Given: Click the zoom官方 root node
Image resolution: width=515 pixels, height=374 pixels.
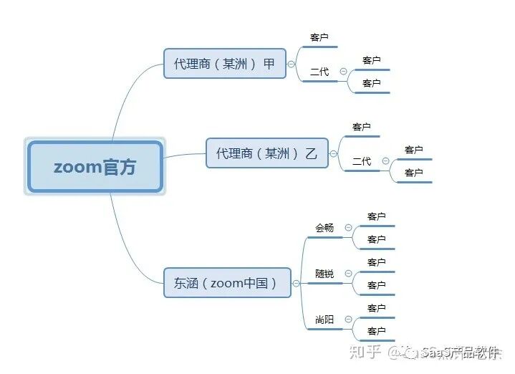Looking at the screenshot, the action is (x=95, y=166).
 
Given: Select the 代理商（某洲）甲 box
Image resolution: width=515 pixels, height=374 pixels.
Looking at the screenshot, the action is (x=224, y=63).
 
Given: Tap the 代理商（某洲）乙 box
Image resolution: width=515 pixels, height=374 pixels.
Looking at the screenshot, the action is (x=266, y=153).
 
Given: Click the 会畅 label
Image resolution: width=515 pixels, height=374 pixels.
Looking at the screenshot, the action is (x=324, y=228).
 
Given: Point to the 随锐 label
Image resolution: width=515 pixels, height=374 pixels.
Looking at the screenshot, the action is (x=324, y=274).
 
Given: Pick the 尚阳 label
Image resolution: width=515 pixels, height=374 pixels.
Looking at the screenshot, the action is (x=324, y=320).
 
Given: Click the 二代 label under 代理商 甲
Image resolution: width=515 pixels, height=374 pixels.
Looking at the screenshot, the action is (x=319, y=72).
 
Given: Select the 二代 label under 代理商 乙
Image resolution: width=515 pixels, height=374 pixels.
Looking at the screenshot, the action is (x=362, y=161).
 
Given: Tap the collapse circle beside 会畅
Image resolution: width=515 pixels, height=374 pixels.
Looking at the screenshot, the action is (x=348, y=228).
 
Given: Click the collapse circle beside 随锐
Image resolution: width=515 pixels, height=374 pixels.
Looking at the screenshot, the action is (x=348, y=274).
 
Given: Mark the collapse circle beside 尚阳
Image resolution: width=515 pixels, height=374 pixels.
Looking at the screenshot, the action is (x=348, y=320).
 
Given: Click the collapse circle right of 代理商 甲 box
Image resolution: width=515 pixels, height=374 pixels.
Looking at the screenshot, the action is (x=291, y=64).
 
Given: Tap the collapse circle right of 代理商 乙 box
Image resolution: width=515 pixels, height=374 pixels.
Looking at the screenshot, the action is (x=333, y=153).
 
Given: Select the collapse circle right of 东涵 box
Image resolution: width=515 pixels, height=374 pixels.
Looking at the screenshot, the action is (x=296, y=283).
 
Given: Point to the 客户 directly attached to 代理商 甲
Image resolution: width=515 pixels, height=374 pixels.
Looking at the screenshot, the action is (x=319, y=37).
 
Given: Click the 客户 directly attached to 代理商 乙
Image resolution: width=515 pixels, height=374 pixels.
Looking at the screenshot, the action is (x=362, y=127).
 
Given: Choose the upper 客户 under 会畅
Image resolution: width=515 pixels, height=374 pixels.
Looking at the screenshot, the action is (x=377, y=216).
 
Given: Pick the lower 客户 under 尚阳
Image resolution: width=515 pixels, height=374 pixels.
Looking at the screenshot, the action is (x=377, y=331).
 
